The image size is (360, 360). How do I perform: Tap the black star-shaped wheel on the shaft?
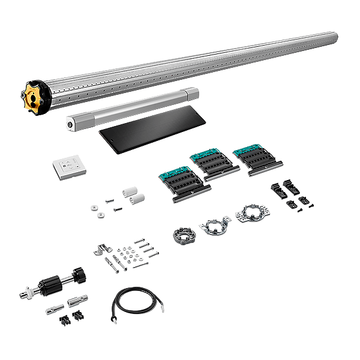(77, 276)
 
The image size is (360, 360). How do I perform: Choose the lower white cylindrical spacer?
(136, 199)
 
